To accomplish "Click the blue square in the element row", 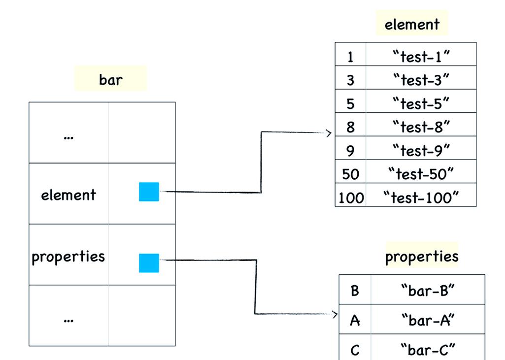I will click(x=149, y=192).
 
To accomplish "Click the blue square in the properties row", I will click(x=149, y=263).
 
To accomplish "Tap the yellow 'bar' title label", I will click(x=110, y=79).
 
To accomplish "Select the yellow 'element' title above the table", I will click(x=412, y=24).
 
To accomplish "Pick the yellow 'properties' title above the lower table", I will click(x=422, y=256).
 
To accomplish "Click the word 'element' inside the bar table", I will click(x=68, y=195).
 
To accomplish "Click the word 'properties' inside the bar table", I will click(x=68, y=256).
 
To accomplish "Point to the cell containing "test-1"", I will click(x=421, y=57).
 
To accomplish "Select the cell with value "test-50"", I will click(x=421, y=174).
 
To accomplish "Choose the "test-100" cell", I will click(x=421, y=198).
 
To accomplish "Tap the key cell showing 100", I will click(x=351, y=198).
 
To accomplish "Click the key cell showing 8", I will click(x=351, y=127).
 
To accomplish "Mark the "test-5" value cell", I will click(x=421, y=103).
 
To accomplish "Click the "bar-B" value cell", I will click(x=428, y=291).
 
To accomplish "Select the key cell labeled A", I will click(x=355, y=321).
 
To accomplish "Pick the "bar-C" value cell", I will click(x=428, y=350).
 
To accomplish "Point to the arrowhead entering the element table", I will click(x=330, y=133).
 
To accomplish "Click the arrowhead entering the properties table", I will click(x=335, y=314).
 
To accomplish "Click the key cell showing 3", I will click(x=351, y=80).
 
